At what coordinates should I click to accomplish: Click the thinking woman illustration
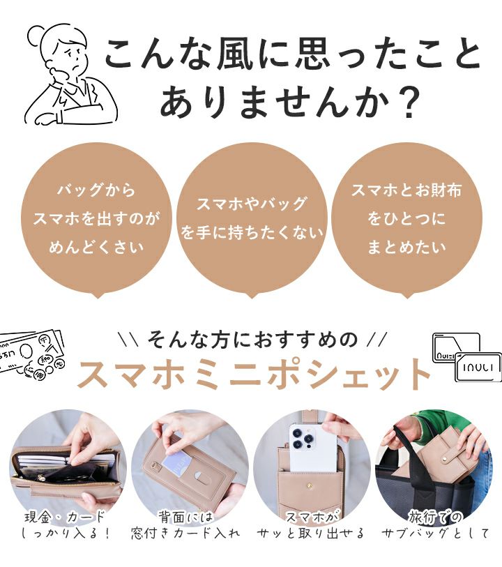tap(71, 74)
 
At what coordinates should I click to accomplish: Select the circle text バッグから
tap(96, 190)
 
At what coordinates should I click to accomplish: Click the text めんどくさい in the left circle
tap(96, 248)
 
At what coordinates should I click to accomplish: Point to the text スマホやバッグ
tap(252, 204)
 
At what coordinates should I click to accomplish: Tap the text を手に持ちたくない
tap(252, 232)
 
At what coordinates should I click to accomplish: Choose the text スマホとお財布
tap(406, 190)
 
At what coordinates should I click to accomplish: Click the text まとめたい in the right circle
tap(406, 248)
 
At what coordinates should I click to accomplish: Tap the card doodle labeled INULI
tap(478, 368)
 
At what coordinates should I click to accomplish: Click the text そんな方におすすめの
tap(252, 340)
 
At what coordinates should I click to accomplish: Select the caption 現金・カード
tap(64, 516)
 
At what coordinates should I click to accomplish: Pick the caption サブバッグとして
tap(435, 533)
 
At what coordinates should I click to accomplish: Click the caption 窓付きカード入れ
tap(185, 533)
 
